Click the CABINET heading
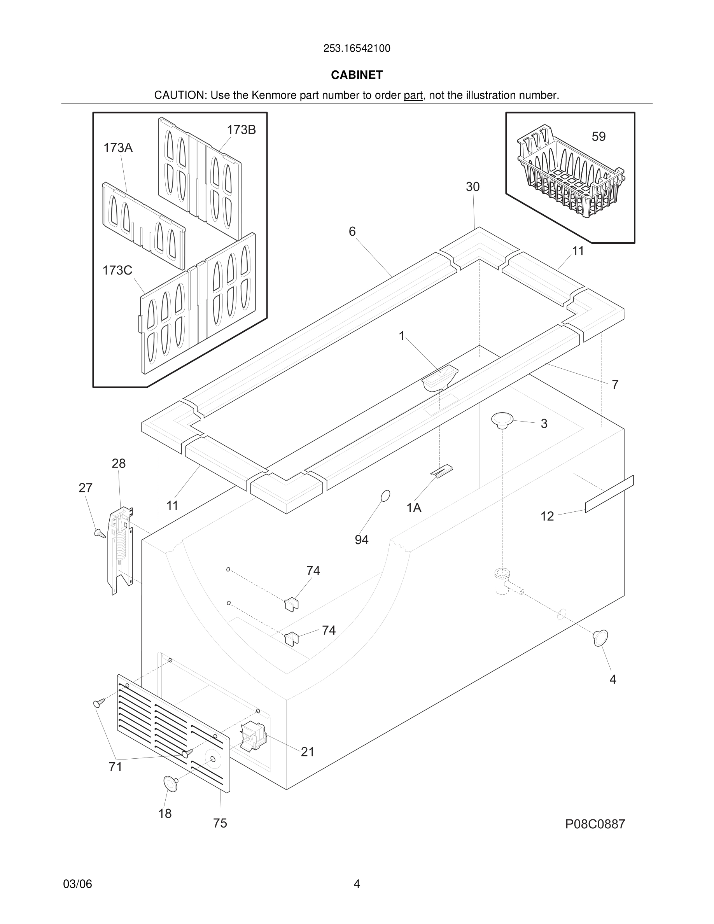click(x=357, y=75)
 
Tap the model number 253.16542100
click(x=357, y=49)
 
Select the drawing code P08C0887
click(x=595, y=824)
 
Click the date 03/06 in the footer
click(x=77, y=884)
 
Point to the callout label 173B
click(x=241, y=130)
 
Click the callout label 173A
click(x=118, y=148)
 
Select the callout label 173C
click(x=117, y=270)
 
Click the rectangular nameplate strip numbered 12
click(x=609, y=493)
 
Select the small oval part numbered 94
click(x=385, y=496)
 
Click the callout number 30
click(x=472, y=187)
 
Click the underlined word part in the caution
click(x=413, y=96)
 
